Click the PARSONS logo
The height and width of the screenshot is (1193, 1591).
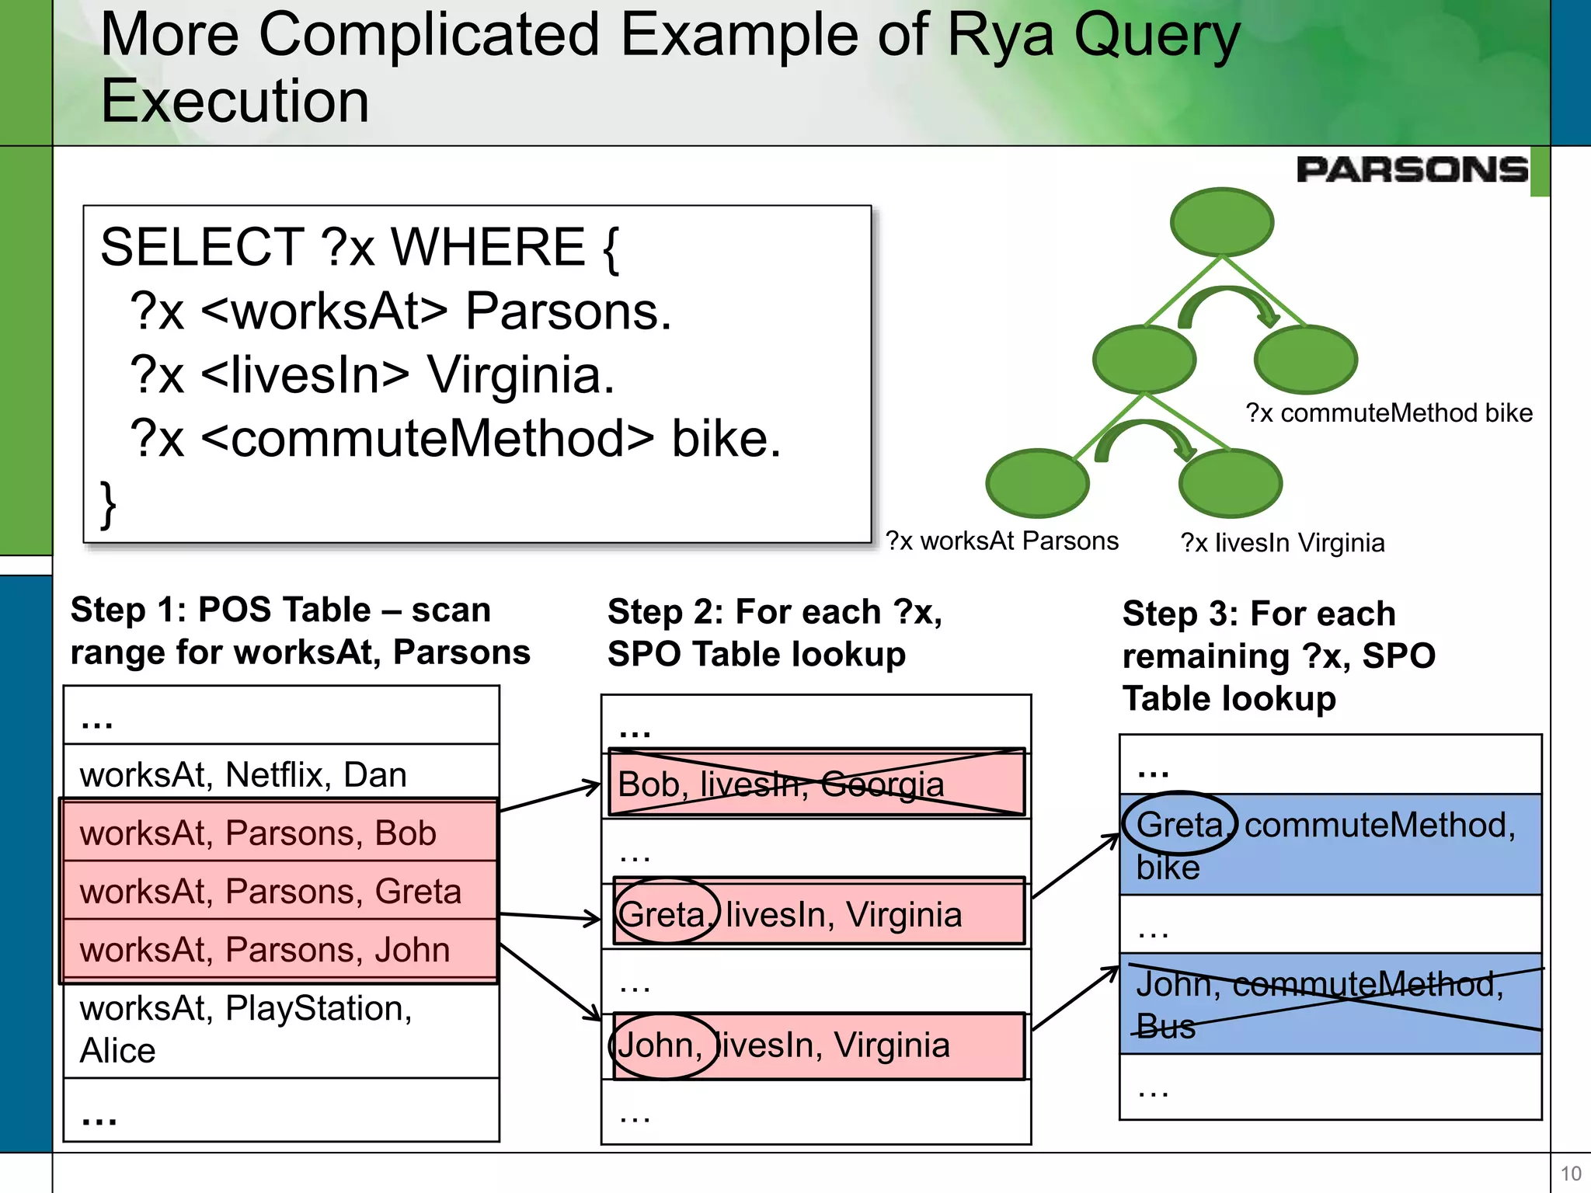tap(1412, 169)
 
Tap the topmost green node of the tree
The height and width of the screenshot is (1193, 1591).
tap(1221, 222)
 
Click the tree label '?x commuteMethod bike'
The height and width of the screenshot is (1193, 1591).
tap(1389, 413)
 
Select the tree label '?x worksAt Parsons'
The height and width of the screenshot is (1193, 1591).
tap(1002, 541)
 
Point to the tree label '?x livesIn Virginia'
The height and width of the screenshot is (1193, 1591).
tap(1283, 542)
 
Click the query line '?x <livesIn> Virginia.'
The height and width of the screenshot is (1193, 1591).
tap(373, 374)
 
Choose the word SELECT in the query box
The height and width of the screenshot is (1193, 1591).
tap(202, 247)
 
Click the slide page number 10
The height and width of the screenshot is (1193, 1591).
tap(1570, 1174)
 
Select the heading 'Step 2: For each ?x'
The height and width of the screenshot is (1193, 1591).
tap(775, 612)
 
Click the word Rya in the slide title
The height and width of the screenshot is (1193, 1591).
tap(1002, 35)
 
